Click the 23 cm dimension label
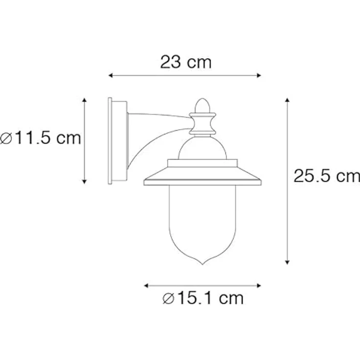tap(186, 62)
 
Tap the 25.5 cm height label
tap(326, 176)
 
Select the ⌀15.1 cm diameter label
tap(202, 298)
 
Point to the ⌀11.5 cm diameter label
tap(41, 138)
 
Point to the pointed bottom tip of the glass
tap(202, 264)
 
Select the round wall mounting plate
tap(117, 141)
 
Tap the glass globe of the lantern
tap(202, 220)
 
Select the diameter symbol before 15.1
tap(168, 298)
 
